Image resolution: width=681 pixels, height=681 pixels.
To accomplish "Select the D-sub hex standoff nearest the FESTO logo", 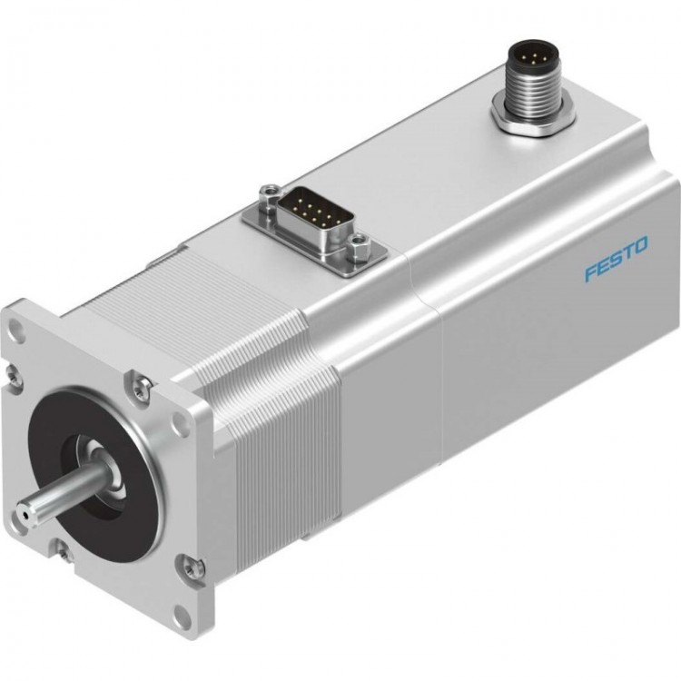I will [x=360, y=242].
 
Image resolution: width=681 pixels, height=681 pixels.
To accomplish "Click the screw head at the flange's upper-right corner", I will [x=139, y=388].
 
